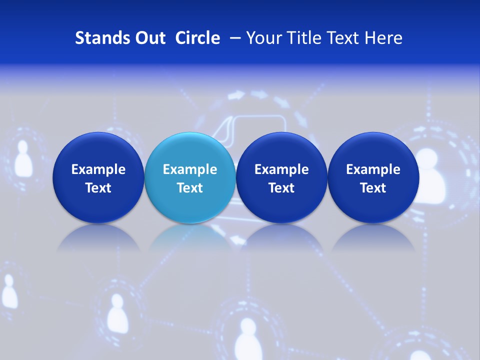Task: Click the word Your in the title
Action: (x=263, y=38)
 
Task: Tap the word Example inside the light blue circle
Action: (x=190, y=169)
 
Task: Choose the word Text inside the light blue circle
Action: (x=190, y=188)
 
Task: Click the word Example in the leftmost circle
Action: (x=98, y=169)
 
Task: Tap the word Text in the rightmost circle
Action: (x=373, y=188)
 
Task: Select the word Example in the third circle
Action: (x=281, y=169)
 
